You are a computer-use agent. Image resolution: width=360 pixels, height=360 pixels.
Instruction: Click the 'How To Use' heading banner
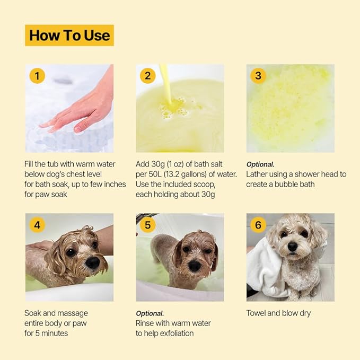click(69, 36)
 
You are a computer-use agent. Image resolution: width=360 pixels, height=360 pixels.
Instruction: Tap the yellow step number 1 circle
click(37, 76)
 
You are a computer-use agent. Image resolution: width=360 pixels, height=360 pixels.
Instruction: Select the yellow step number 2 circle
click(147, 76)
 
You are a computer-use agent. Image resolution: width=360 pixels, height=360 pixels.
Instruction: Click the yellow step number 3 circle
click(258, 76)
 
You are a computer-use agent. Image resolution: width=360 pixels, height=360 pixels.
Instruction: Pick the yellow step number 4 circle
click(37, 225)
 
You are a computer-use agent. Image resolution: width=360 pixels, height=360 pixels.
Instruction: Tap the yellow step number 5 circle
click(147, 225)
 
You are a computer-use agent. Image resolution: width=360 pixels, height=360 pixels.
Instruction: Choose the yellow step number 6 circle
click(258, 225)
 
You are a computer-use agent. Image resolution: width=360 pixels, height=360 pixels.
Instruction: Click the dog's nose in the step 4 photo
click(92, 261)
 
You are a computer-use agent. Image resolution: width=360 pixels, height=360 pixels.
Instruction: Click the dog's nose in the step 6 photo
click(292, 247)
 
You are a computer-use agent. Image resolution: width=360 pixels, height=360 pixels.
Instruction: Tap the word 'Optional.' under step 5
click(150, 313)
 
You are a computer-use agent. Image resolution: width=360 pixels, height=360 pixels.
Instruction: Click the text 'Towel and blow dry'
click(278, 313)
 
